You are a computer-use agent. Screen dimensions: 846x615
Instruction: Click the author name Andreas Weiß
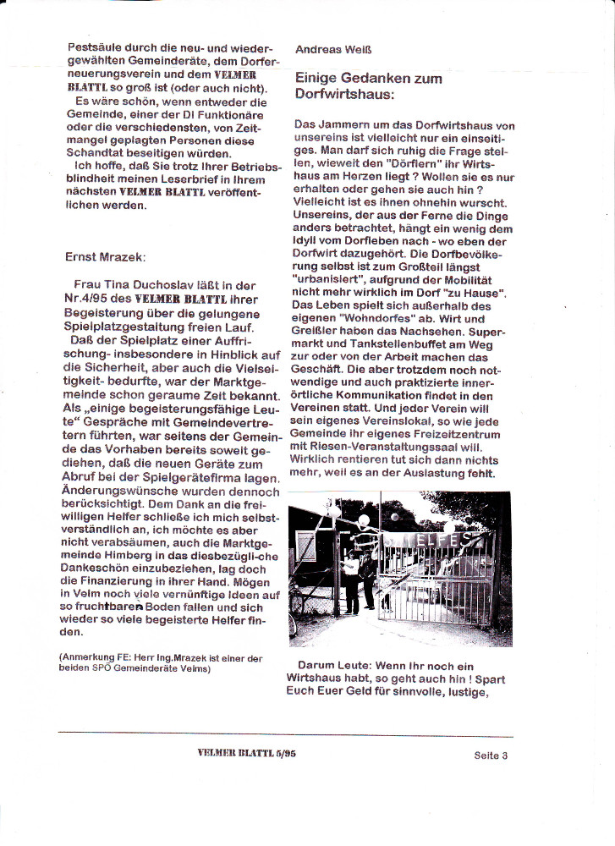click(x=330, y=50)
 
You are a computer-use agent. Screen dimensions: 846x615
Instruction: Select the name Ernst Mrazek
click(x=106, y=255)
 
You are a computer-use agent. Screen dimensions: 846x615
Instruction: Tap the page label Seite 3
click(x=491, y=756)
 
